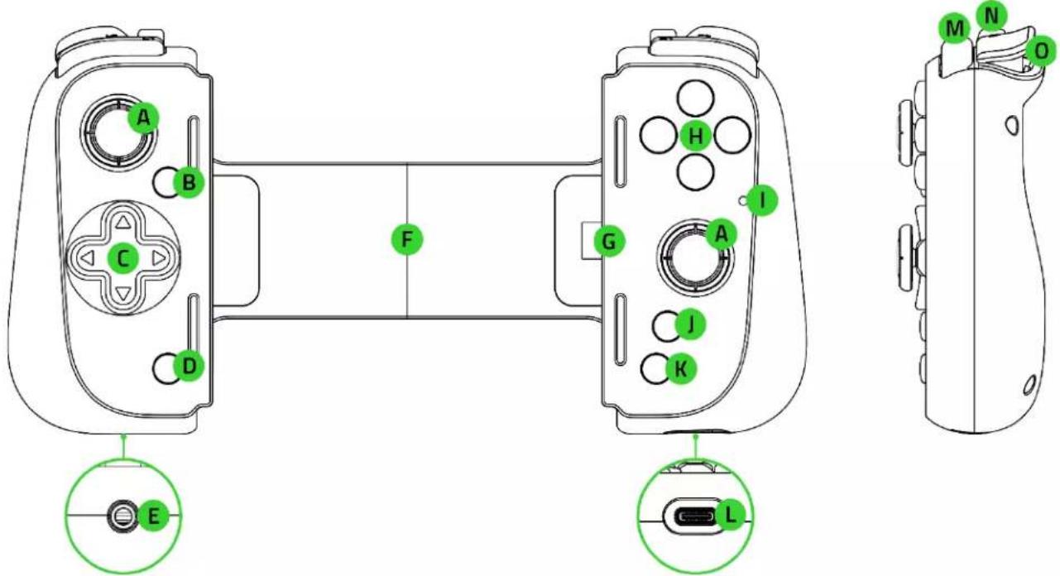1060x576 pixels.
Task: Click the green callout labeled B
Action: pyautogui.click(x=189, y=182)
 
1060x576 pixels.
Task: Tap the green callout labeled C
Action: pyautogui.click(x=123, y=258)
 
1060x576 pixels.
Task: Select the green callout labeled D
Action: pyautogui.click(x=189, y=366)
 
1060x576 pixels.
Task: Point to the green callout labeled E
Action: pyautogui.click(x=153, y=516)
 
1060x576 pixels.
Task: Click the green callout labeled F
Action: pyautogui.click(x=407, y=239)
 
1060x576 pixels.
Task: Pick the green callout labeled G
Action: pyautogui.click(x=610, y=242)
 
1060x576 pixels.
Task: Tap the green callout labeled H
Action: pyautogui.click(x=696, y=136)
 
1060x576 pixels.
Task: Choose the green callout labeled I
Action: pyautogui.click(x=762, y=200)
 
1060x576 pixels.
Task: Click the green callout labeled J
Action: pyautogui.click(x=691, y=324)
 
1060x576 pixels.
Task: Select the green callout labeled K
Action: pyautogui.click(x=680, y=368)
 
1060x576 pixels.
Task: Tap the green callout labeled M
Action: pyautogui.click(x=955, y=28)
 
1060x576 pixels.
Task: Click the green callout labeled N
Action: pyautogui.click(x=991, y=17)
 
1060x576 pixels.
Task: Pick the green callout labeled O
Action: pyautogui.click(x=1042, y=51)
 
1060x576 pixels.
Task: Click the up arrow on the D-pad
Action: pyautogui.click(x=123, y=222)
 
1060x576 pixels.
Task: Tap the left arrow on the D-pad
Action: pyautogui.click(x=87, y=258)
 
